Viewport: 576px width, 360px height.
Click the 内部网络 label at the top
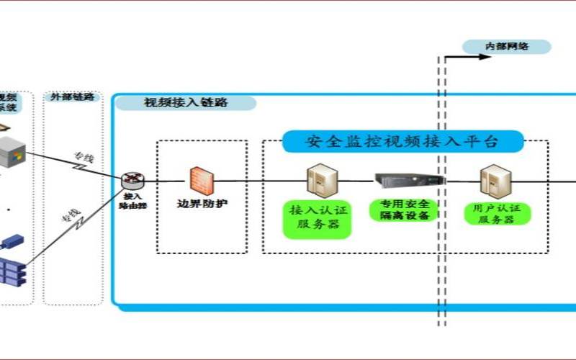507,47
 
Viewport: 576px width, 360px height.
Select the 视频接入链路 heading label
186,102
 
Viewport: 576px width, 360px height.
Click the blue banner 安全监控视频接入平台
402,141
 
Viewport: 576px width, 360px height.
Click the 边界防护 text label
202,204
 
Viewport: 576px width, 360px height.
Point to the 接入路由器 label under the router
132,200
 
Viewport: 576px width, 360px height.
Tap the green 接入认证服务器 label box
318,220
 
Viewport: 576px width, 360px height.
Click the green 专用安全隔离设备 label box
403,210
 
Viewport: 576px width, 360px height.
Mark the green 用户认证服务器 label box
498,214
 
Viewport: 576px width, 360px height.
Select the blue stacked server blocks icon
12,271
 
